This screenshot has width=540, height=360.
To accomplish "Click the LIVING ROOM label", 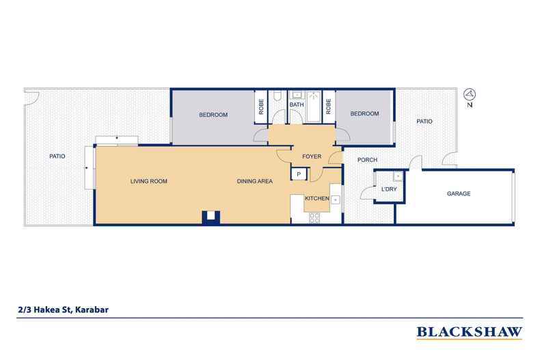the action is (x=149, y=181).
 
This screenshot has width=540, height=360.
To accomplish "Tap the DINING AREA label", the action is (x=255, y=181).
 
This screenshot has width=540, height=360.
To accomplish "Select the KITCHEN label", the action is (x=317, y=198).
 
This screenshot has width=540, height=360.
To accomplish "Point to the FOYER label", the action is (x=312, y=156).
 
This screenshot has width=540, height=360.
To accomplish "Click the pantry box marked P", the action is (x=299, y=174).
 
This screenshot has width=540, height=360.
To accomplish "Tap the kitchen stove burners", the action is (x=314, y=218).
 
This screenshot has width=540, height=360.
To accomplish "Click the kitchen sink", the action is (x=336, y=199).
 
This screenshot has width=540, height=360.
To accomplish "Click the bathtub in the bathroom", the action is (x=313, y=107).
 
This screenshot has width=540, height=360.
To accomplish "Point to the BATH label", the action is (x=297, y=105).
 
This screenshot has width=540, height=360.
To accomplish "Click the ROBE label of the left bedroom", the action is (x=261, y=107).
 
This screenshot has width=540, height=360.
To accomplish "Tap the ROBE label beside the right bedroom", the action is (x=328, y=107).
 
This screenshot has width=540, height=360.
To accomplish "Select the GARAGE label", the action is (x=459, y=194).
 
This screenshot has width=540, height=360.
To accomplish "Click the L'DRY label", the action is (x=389, y=189).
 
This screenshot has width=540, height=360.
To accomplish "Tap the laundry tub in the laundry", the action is (x=398, y=176).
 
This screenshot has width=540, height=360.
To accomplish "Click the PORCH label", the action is (x=367, y=160).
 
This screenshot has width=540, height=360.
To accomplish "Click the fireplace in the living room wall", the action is (x=211, y=218).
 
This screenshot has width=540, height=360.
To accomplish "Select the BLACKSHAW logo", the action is (x=470, y=333).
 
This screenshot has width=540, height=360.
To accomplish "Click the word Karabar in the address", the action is (x=92, y=309).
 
